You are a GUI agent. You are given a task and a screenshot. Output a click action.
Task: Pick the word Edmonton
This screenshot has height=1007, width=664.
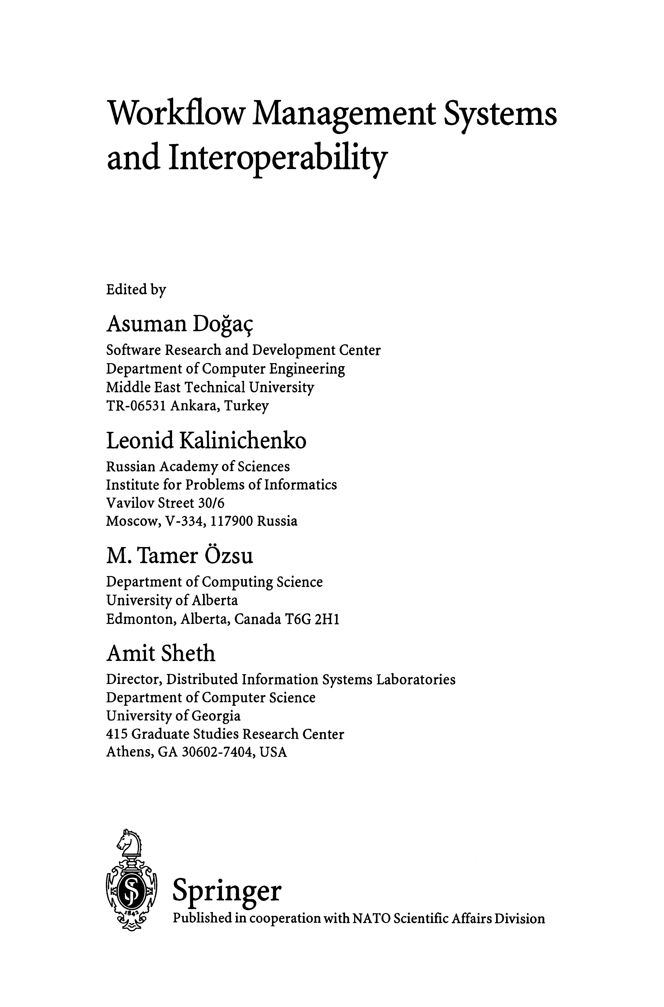tap(141, 620)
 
